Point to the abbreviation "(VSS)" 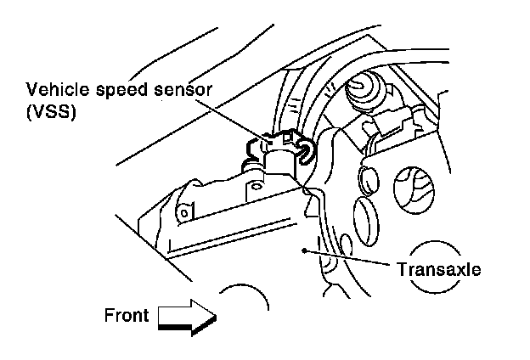(x=51, y=111)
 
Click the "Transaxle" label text (x=438, y=269)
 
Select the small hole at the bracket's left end (x=181, y=211)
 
